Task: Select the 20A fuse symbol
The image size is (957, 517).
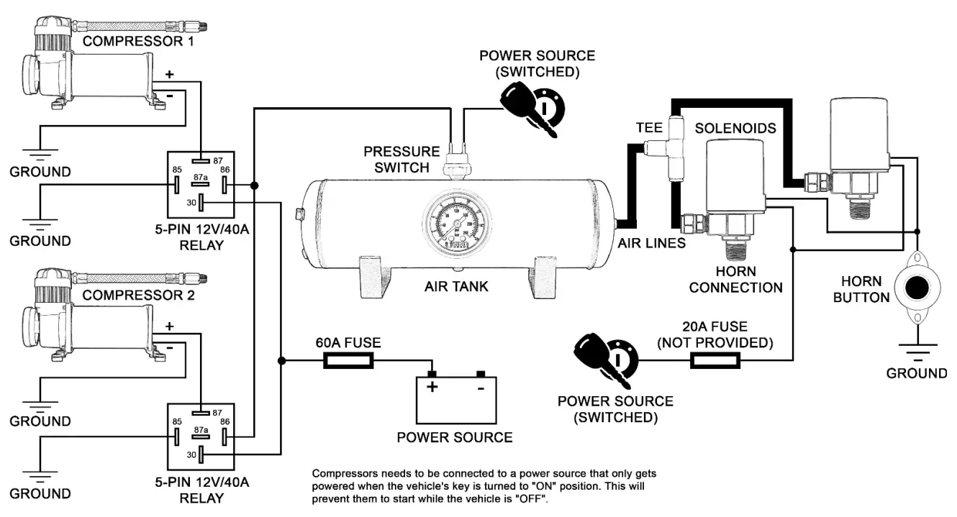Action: click(720, 360)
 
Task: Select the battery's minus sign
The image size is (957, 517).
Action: click(480, 387)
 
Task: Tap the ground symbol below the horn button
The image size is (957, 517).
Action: click(917, 352)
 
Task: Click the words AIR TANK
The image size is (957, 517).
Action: click(456, 287)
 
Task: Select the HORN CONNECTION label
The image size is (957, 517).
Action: click(735, 280)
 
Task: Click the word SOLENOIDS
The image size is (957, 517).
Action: click(735, 128)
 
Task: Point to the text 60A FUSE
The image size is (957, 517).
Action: click(348, 342)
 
